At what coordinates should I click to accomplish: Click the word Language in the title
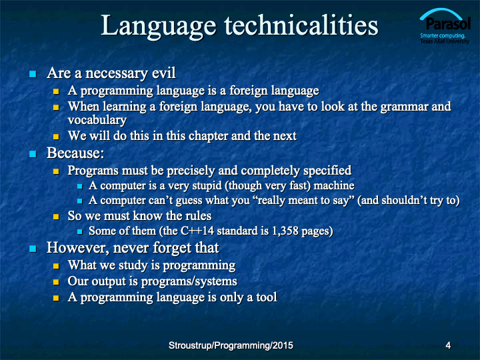tap(159, 26)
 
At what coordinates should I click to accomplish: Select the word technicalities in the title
tap(301, 25)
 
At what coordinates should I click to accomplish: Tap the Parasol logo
tap(445, 26)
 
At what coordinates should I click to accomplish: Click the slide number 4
tap(448, 345)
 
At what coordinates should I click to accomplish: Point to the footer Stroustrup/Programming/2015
tap(231, 345)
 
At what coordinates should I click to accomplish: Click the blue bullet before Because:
tap(33, 154)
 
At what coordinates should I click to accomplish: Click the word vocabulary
tap(97, 120)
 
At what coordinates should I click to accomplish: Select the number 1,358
tap(285, 231)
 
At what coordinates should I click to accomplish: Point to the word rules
tap(199, 216)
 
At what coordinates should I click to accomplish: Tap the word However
tap(78, 248)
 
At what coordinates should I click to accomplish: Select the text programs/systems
tap(189, 281)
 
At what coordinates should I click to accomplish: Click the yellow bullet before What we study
tap(56, 266)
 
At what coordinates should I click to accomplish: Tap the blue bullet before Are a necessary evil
tap(33, 74)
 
